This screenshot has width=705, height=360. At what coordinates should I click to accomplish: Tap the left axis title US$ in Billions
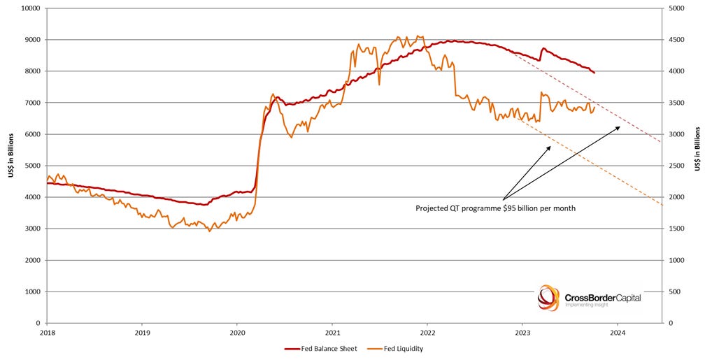(11, 166)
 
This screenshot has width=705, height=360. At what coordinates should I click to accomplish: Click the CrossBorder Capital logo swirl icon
(548, 298)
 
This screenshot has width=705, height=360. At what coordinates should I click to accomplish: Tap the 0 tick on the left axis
(38, 323)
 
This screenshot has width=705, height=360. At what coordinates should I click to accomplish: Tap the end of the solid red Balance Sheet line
(594, 73)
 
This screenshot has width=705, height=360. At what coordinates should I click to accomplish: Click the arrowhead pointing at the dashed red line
(618, 127)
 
